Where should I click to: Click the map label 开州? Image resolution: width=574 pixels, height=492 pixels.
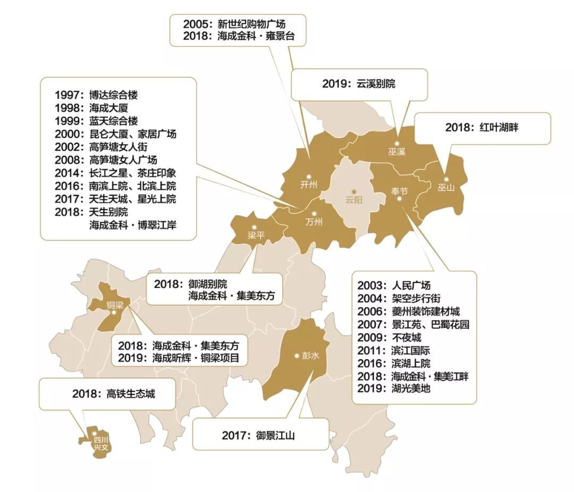(x=308, y=185)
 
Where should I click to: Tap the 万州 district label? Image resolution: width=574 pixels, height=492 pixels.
(x=314, y=222)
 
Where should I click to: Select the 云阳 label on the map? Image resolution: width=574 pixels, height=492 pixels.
(x=354, y=200)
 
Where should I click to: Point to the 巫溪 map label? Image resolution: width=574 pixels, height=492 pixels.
(x=396, y=152)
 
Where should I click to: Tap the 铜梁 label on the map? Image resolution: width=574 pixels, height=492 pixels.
(x=115, y=305)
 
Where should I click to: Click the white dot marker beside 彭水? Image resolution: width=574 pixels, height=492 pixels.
(x=297, y=355)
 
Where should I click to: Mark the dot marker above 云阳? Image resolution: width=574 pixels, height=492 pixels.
(x=354, y=192)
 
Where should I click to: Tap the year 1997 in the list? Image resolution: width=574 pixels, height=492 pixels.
(x=66, y=96)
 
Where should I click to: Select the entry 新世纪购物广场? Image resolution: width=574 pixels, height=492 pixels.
(x=255, y=24)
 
